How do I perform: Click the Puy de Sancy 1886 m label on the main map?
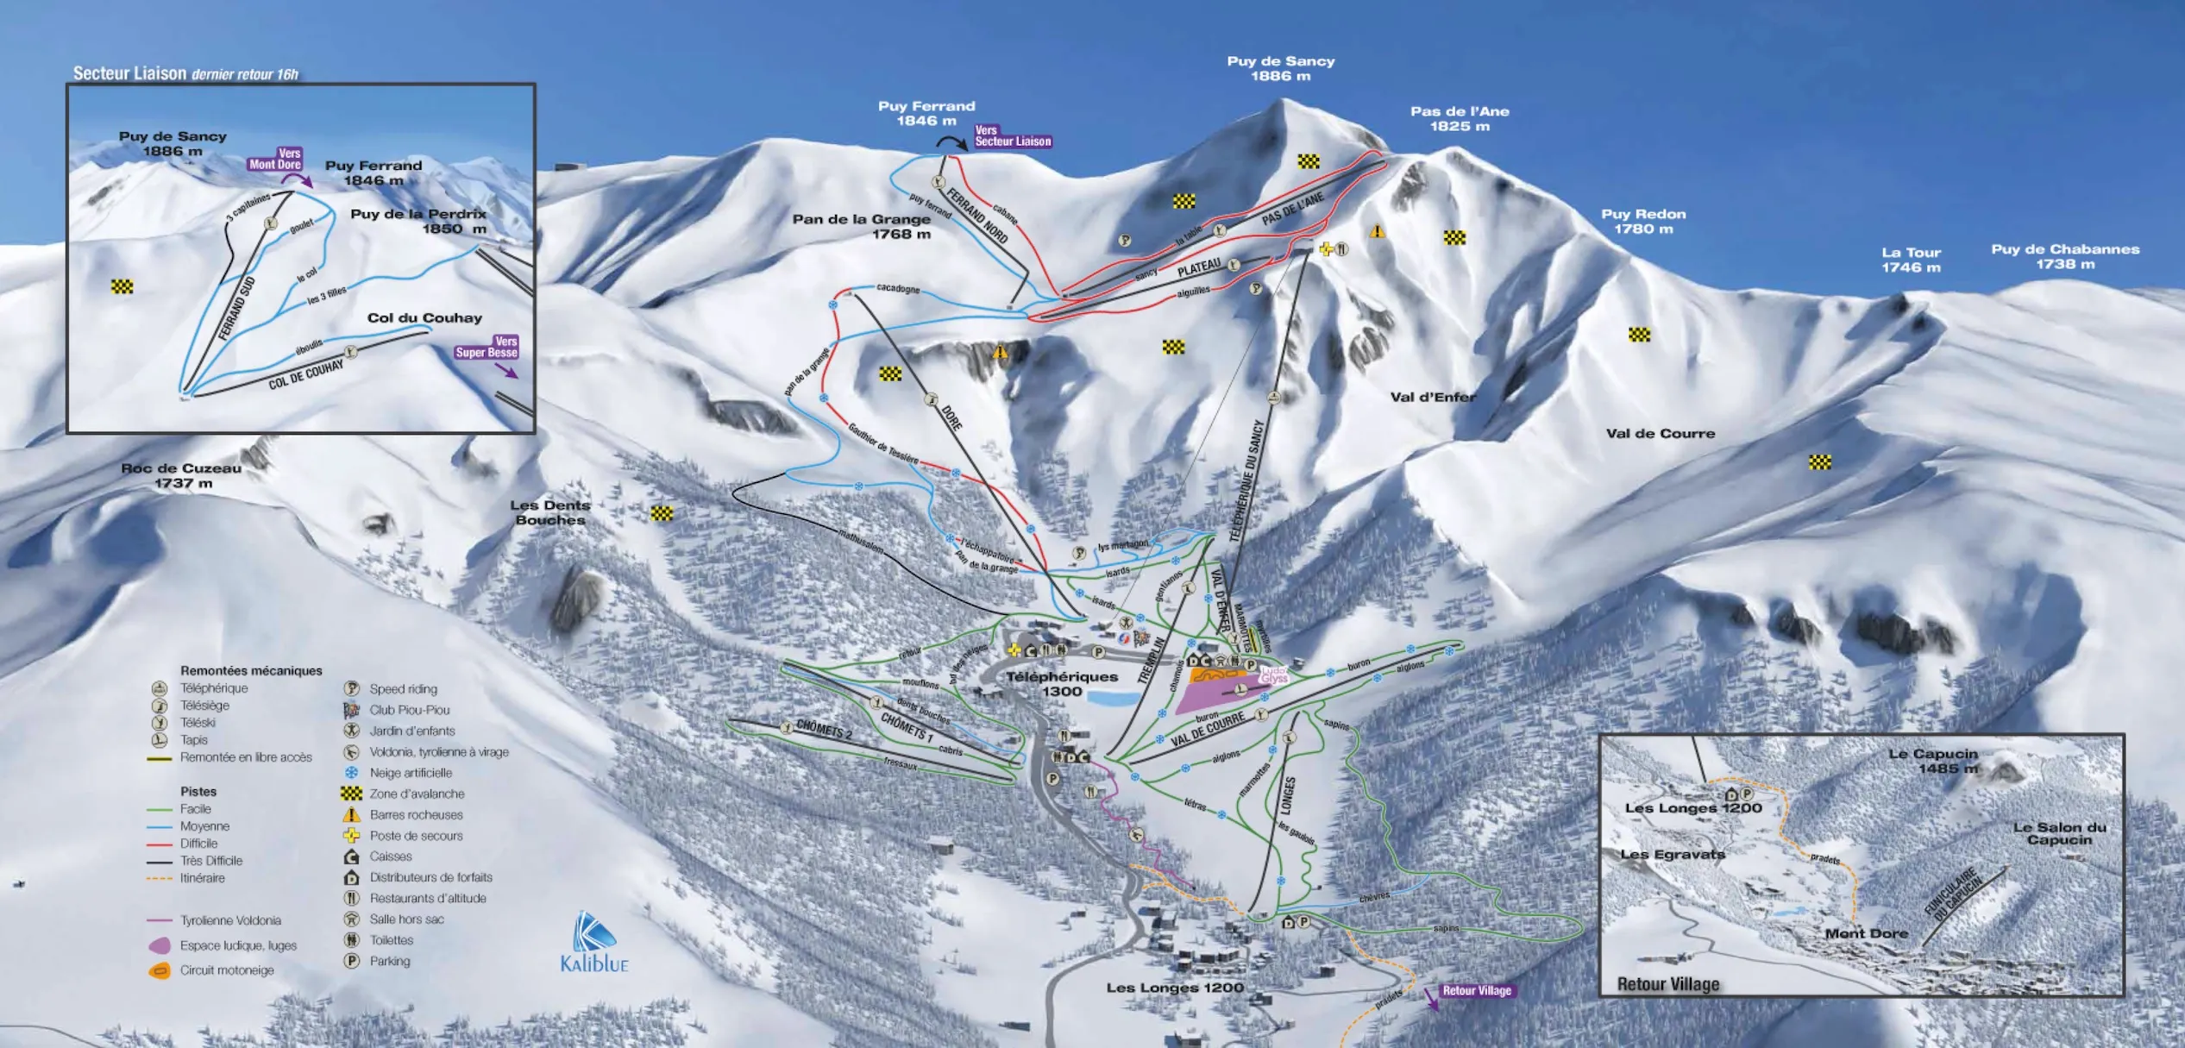click(1280, 68)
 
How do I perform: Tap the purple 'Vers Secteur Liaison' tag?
click(1012, 136)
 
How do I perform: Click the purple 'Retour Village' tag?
click(1476, 991)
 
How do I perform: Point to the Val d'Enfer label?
click(1433, 397)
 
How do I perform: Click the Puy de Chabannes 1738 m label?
click(2064, 256)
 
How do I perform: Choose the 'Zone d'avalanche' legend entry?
click(417, 794)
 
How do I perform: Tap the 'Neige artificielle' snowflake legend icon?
click(352, 773)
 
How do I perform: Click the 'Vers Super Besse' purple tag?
click(487, 347)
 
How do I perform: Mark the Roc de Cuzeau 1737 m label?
click(181, 475)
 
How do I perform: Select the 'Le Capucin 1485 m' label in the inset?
click(1932, 761)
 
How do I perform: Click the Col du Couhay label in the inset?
click(424, 317)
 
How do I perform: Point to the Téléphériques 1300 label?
click(1061, 684)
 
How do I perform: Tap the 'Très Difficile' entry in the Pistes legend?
click(211, 861)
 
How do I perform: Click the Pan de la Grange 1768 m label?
click(861, 226)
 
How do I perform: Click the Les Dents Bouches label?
click(549, 512)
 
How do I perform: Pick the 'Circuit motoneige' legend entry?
click(227, 970)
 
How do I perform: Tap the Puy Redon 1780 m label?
click(1642, 221)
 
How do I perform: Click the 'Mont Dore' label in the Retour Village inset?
click(1866, 933)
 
